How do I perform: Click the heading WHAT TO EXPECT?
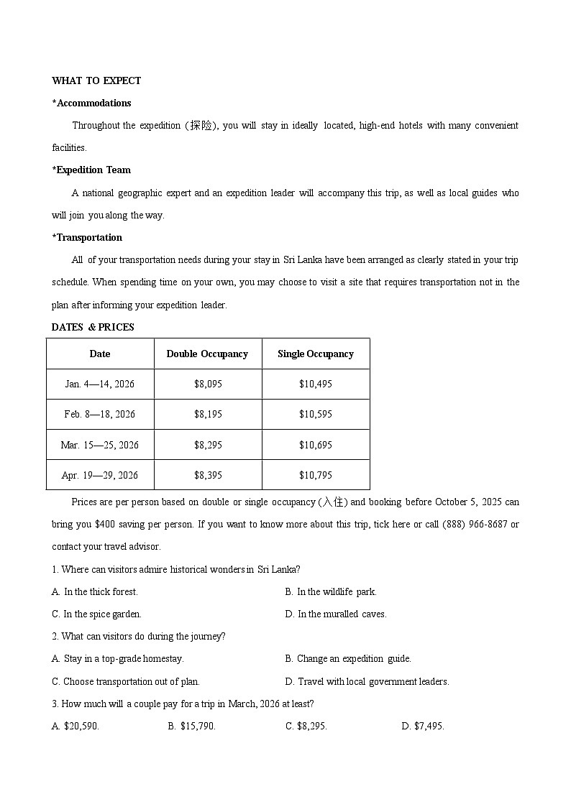coord(96,80)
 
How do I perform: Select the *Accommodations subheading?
coord(91,103)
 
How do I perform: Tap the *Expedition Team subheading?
coord(91,170)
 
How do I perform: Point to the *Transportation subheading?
coord(87,237)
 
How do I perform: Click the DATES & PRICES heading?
coord(93,327)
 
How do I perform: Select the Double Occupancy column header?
coord(207,354)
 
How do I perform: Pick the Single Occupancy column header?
coord(315,354)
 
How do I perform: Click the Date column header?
coord(100,354)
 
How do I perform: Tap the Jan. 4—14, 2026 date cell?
coord(100,384)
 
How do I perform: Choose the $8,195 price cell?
coord(208,414)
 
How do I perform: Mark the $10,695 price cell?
coord(316,445)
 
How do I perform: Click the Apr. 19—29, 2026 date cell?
coord(100,475)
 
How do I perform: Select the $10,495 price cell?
coord(316,384)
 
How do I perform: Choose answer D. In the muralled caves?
coord(336,614)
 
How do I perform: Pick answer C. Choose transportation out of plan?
coord(126,681)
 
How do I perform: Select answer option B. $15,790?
coord(192,726)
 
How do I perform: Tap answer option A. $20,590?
coord(76,726)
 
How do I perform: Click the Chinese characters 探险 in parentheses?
coord(201,126)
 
